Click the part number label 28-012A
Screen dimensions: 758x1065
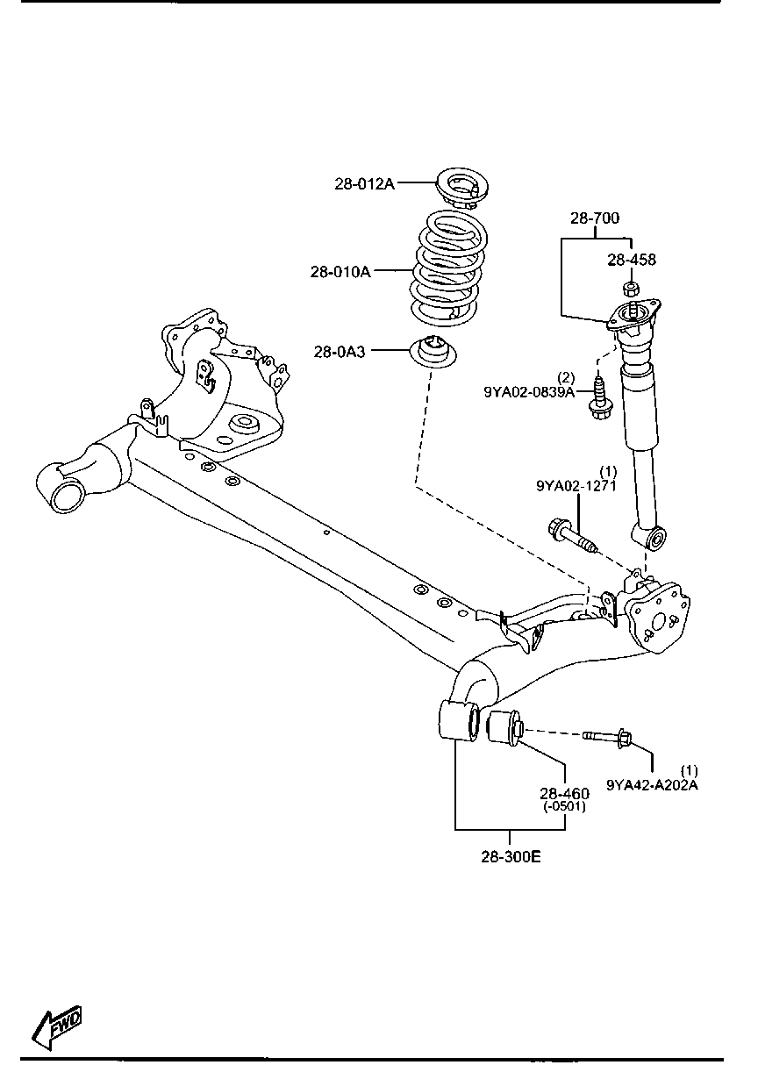coord(365,183)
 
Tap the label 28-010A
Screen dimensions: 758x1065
coord(340,271)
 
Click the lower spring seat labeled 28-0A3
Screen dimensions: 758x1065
coord(433,353)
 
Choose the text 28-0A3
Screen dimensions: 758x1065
coord(339,352)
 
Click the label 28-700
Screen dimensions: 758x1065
coord(595,218)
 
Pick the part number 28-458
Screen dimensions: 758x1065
coord(632,260)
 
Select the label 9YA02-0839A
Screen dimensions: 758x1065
coord(529,392)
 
